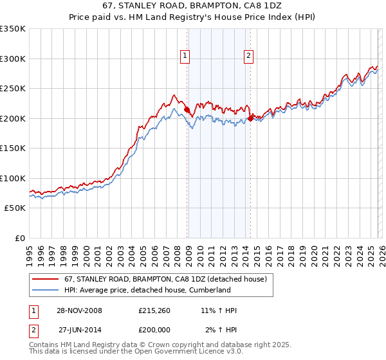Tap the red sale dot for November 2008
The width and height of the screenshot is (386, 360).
[x=187, y=110]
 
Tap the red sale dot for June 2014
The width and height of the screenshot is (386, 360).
[x=250, y=119]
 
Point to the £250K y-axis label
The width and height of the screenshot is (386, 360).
[x=12, y=88]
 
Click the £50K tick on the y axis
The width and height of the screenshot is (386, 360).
[x=15, y=208]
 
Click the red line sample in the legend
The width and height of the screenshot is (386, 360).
[x=46, y=279]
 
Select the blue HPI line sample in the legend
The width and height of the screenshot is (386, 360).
[x=46, y=290]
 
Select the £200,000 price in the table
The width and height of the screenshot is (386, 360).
[x=158, y=330]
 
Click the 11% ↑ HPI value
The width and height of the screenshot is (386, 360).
[x=218, y=310]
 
